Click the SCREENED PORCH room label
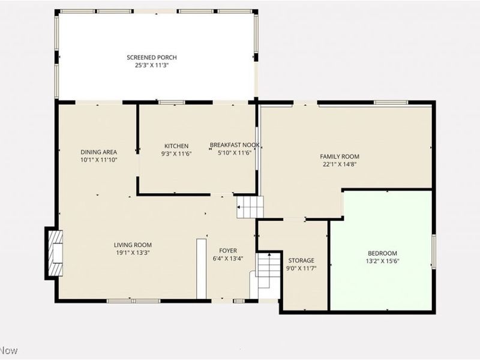(151, 58)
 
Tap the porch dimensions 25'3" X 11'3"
(151, 65)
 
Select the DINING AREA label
(99, 152)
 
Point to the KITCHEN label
(176, 146)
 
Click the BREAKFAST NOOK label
(235, 145)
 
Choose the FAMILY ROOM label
(340, 156)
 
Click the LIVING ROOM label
(133, 245)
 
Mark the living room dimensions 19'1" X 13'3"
(133, 253)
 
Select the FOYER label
(228, 251)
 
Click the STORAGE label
(301, 260)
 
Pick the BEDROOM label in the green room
(382, 253)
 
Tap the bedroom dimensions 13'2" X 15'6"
(382, 261)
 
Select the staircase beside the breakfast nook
(250, 207)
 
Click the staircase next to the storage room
(268, 271)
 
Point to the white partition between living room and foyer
(201, 268)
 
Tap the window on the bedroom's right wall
(434, 251)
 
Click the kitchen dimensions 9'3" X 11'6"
(176, 154)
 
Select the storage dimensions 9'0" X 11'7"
(301, 268)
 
